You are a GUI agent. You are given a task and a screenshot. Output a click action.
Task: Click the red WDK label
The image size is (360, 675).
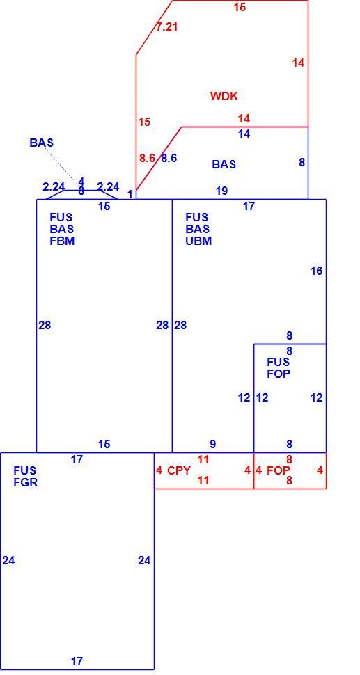[x=224, y=96]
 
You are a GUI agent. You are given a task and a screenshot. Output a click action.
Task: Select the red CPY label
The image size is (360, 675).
[x=179, y=470]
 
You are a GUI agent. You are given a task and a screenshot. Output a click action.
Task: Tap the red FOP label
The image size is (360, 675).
[x=279, y=470]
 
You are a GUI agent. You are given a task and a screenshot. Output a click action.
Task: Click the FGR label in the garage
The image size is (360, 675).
[x=25, y=482]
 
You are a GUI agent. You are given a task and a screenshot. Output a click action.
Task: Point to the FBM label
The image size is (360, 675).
[x=62, y=241]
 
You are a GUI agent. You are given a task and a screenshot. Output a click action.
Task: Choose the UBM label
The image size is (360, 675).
[x=198, y=241]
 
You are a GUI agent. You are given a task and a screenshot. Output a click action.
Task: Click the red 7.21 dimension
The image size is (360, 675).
[x=166, y=26]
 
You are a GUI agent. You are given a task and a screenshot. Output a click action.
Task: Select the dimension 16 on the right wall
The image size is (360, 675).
[x=317, y=271]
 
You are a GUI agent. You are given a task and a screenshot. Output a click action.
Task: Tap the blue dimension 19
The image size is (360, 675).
[x=221, y=191]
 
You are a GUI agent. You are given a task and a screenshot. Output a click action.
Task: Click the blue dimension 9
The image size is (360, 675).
[x=213, y=444]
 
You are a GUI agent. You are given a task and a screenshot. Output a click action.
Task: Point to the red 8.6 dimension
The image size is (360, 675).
[x=147, y=158]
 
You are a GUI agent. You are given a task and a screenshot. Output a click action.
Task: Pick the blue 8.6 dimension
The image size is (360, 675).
[x=169, y=158]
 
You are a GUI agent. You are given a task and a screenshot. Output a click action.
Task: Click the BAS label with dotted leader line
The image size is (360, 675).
[x=41, y=143]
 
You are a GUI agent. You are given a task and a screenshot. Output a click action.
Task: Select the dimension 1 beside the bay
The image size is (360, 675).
[x=130, y=195]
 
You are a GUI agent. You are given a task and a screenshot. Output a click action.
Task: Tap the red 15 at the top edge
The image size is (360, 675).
[x=240, y=7]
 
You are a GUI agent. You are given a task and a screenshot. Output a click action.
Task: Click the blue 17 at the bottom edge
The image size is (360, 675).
[x=77, y=661]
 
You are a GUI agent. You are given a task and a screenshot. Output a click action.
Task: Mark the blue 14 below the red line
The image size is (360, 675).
[x=244, y=134]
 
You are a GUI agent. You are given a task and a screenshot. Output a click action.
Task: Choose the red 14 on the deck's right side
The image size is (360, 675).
[x=299, y=63]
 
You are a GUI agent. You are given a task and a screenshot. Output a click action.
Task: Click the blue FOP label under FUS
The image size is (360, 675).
[x=279, y=373]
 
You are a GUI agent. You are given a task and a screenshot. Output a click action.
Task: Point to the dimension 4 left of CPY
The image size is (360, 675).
[x=159, y=470]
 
